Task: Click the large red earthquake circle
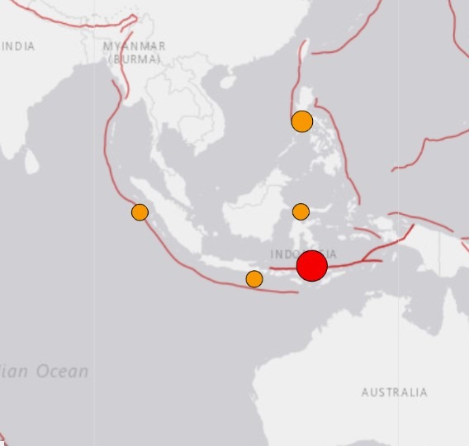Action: tap(312, 266)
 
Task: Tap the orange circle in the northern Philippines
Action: tap(302, 121)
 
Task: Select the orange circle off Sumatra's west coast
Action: tap(140, 212)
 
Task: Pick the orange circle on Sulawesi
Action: tap(301, 211)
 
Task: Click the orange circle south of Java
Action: tap(254, 279)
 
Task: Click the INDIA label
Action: tap(18, 46)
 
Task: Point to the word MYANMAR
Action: tap(135, 46)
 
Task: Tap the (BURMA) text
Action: tap(135, 59)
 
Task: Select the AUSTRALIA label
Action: tap(394, 392)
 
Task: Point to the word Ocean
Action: tap(62, 372)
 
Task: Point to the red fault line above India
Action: tap(74, 25)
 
